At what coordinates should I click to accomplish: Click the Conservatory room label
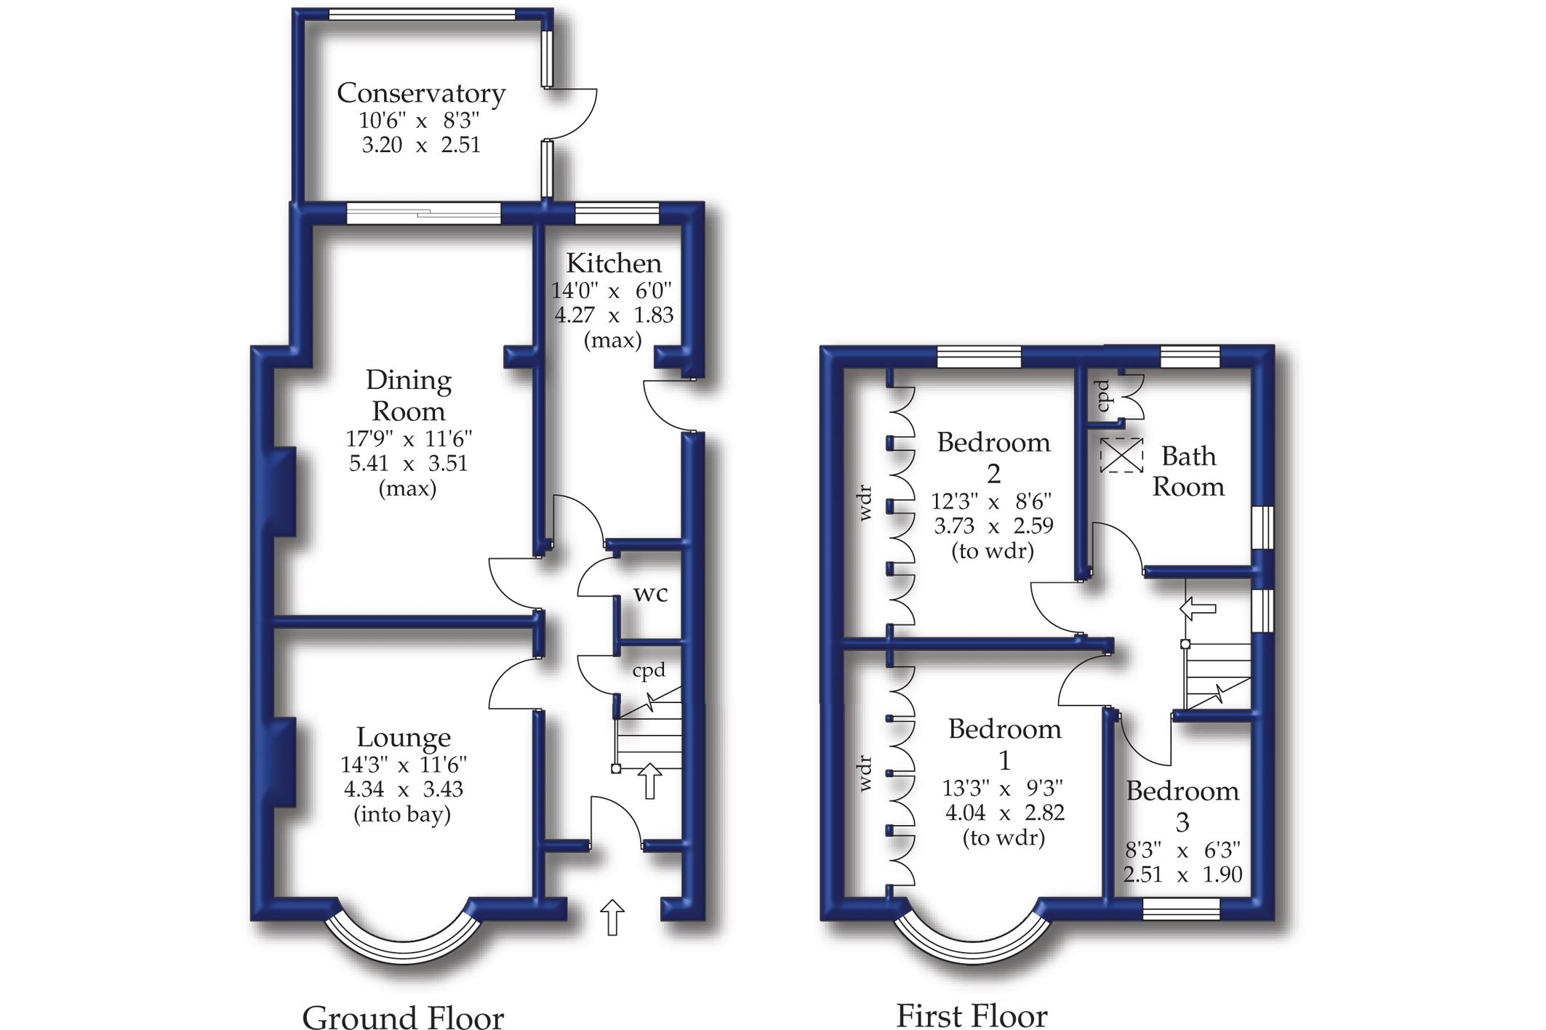click(421, 94)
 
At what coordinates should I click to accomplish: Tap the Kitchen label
click(614, 263)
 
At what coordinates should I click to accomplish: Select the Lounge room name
click(404, 737)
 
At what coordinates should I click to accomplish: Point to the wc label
click(650, 594)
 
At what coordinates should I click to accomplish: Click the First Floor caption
click(972, 1015)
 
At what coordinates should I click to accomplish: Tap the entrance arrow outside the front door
click(612, 917)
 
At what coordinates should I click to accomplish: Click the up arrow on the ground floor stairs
click(649, 781)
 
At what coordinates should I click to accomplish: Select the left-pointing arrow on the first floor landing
click(1198, 608)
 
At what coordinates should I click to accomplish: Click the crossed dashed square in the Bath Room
click(1121, 456)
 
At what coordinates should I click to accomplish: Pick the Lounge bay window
click(403, 941)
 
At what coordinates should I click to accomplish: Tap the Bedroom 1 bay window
click(972, 942)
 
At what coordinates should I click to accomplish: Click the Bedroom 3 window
click(1181, 909)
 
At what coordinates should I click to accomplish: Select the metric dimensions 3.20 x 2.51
click(421, 145)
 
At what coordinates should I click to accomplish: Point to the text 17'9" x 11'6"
click(409, 439)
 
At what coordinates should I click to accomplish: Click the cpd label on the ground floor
click(649, 670)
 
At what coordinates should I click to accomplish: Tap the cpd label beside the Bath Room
click(1103, 396)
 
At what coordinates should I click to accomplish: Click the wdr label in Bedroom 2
click(865, 503)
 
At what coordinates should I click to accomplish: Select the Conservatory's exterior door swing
click(572, 113)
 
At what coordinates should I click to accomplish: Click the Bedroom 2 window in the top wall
click(979, 357)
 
